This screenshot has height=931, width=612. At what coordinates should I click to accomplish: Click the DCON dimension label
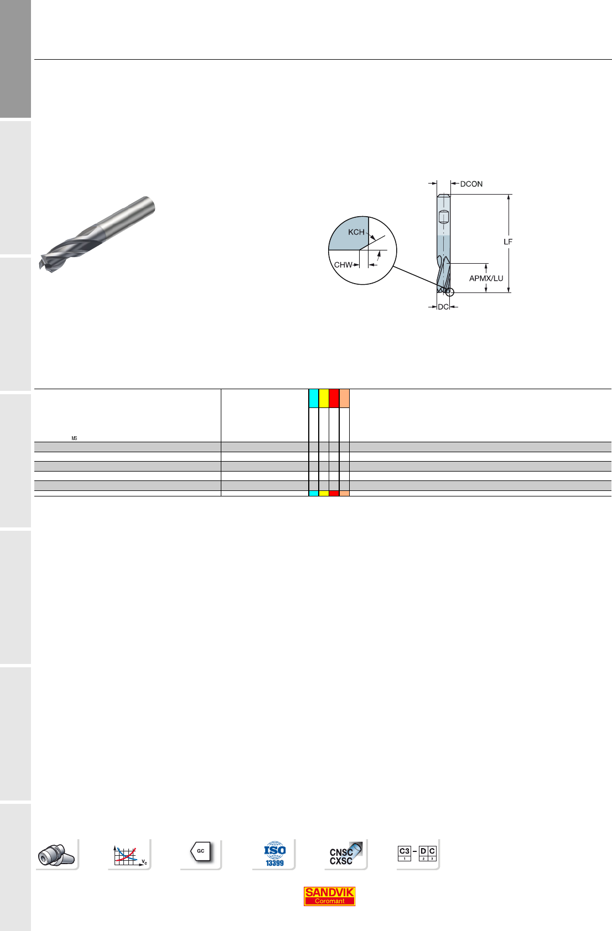coord(471,184)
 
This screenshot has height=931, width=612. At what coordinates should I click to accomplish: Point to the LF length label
coord(507,242)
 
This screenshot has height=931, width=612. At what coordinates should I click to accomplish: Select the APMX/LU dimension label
coord(486,278)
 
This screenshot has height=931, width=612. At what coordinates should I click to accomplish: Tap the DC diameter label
coord(443,307)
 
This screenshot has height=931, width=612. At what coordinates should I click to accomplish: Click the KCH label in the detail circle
coord(356,232)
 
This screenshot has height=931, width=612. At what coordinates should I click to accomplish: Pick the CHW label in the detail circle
coord(343,265)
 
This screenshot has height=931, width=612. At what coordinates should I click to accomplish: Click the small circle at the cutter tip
coord(449,292)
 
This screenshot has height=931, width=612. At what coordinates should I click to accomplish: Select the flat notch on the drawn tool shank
coord(444,217)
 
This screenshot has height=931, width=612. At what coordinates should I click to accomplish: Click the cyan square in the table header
coord(314,398)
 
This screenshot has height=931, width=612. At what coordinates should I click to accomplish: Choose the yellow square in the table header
coord(324,398)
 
